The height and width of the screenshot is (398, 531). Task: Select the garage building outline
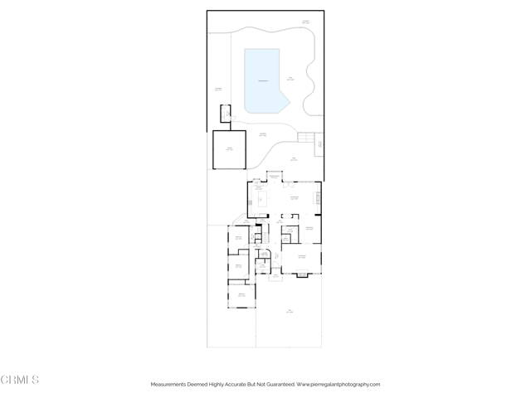coord(229,149)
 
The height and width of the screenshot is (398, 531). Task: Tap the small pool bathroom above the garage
coord(224,114)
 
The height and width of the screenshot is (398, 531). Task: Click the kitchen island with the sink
coord(261,199)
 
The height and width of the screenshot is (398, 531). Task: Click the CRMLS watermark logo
coord(20,380)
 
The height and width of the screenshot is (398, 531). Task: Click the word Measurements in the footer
coord(171,384)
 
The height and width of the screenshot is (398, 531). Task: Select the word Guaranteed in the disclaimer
coord(278,384)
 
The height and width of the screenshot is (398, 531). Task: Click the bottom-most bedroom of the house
coord(241,295)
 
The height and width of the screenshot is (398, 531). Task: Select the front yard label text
coord(289,312)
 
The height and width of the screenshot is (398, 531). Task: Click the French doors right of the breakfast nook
coord(289,182)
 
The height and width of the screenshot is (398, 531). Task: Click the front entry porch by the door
coord(275,278)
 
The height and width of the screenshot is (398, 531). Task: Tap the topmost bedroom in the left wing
coord(239,238)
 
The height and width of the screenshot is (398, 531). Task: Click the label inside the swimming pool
coord(262,80)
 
